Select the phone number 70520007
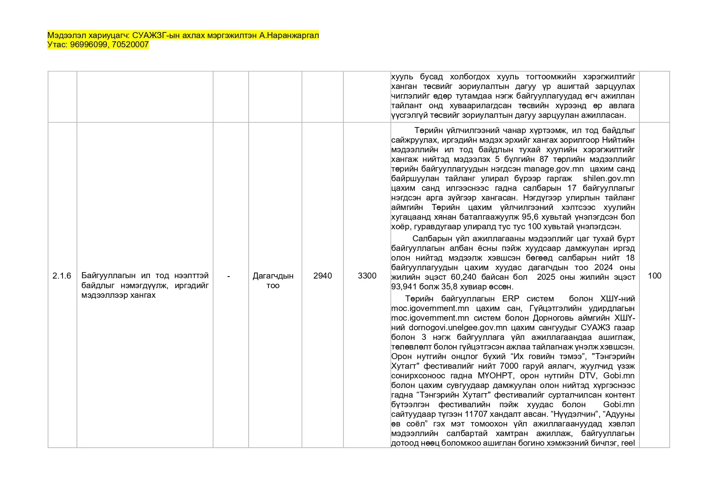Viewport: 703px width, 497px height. point(130,45)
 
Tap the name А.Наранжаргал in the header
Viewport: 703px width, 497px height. point(289,35)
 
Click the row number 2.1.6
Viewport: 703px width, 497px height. point(62,276)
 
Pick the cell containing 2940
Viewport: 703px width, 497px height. point(323,276)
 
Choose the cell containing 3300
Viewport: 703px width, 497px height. point(367,276)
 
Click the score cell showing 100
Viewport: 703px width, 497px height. point(655,276)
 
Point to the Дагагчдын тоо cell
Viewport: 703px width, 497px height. point(273,281)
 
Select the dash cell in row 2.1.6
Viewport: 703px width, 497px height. point(228,276)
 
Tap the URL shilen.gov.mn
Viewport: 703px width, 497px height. point(609,178)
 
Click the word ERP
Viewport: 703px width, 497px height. point(511,299)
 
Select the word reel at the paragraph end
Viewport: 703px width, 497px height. point(628,443)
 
